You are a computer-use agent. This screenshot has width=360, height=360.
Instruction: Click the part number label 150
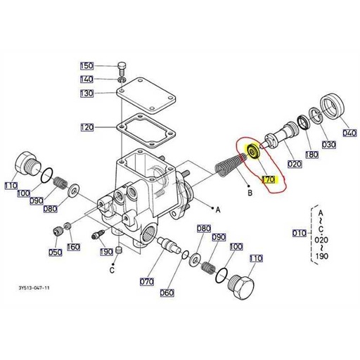[x=87, y=66]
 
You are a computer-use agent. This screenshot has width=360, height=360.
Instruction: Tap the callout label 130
[x=87, y=94]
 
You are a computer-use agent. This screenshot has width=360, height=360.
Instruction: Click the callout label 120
[x=87, y=127]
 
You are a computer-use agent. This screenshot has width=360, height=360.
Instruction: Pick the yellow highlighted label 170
[x=269, y=179]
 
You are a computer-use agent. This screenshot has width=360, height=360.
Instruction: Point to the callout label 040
[x=349, y=133]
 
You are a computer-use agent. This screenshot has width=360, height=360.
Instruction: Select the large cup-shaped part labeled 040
[x=333, y=105]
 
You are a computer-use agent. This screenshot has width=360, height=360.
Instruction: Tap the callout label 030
[x=328, y=144]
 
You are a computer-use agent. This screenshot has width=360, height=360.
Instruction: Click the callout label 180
[x=312, y=155]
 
